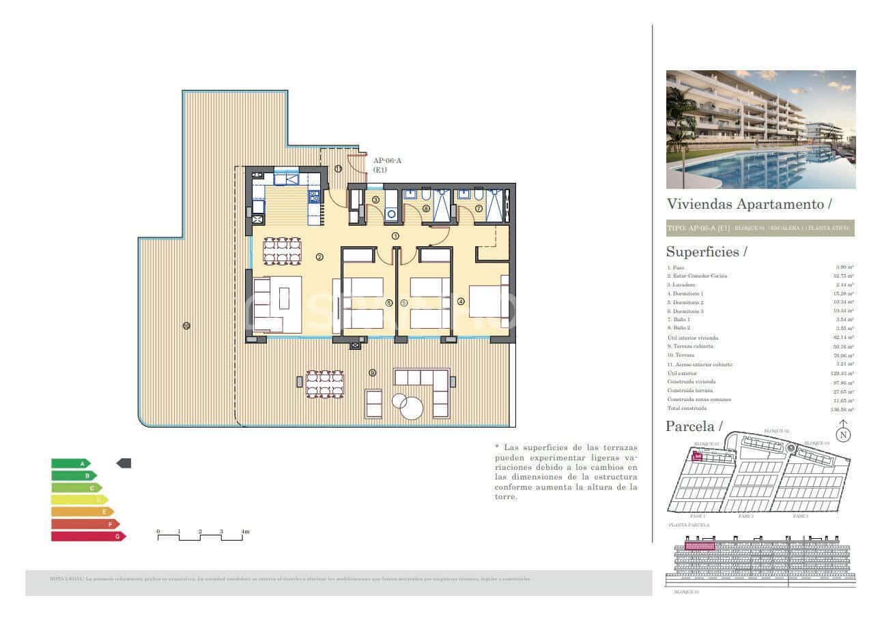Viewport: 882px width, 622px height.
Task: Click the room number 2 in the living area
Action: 319,257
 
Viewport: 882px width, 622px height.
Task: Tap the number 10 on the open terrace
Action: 186,325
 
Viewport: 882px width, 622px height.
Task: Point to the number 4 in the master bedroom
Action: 461,301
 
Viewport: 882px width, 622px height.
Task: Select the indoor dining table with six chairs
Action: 282,250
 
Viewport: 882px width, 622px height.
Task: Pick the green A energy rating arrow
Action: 70,463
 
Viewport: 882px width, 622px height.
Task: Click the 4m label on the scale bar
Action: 245,531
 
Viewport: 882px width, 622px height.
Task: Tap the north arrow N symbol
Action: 844,433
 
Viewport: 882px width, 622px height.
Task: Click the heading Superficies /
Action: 706,252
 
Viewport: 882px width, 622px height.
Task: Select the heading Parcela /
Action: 694,427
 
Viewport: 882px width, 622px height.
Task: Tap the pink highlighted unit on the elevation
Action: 699,546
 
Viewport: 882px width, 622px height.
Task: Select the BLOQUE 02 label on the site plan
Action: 776,431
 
